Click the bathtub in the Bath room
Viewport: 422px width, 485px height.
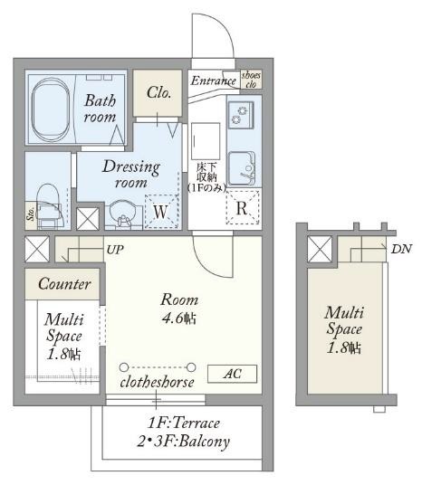tap(51, 109)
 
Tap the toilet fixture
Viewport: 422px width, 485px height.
tap(48, 205)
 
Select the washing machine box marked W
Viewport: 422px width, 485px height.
tap(161, 212)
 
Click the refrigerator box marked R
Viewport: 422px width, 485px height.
tap(243, 207)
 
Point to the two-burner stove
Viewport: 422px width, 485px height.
tap(241, 115)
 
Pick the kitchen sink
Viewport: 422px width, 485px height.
tap(242, 168)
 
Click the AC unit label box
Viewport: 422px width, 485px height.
tap(232, 374)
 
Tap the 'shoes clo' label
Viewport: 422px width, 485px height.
tap(251, 80)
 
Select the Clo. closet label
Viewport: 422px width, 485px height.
tap(158, 92)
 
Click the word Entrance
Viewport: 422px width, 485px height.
tap(214, 81)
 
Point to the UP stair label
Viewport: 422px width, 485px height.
tap(115, 250)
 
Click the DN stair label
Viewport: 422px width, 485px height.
tap(401, 249)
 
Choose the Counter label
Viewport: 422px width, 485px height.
tap(64, 284)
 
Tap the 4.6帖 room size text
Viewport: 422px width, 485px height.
tap(179, 318)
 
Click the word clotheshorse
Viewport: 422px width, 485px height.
tap(157, 383)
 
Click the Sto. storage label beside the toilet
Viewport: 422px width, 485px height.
tap(31, 214)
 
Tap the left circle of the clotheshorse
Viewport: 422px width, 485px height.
tap(124, 367)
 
